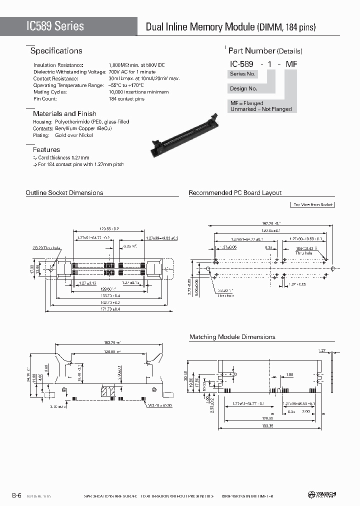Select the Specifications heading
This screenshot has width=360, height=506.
(56, 51)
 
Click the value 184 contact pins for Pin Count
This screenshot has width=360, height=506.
(126, 99)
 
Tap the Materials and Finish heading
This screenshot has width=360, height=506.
(64, 113)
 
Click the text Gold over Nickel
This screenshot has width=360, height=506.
(74, 135)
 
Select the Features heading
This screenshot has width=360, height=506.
(46, 149)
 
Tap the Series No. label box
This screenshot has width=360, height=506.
(242, 74)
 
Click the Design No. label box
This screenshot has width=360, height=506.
(243, 88)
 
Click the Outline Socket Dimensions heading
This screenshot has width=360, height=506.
(64, 192)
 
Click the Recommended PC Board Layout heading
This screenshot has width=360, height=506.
(235, 192)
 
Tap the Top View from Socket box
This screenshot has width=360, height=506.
(312, 204)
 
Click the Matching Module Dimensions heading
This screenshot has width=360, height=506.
(232, 337)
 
